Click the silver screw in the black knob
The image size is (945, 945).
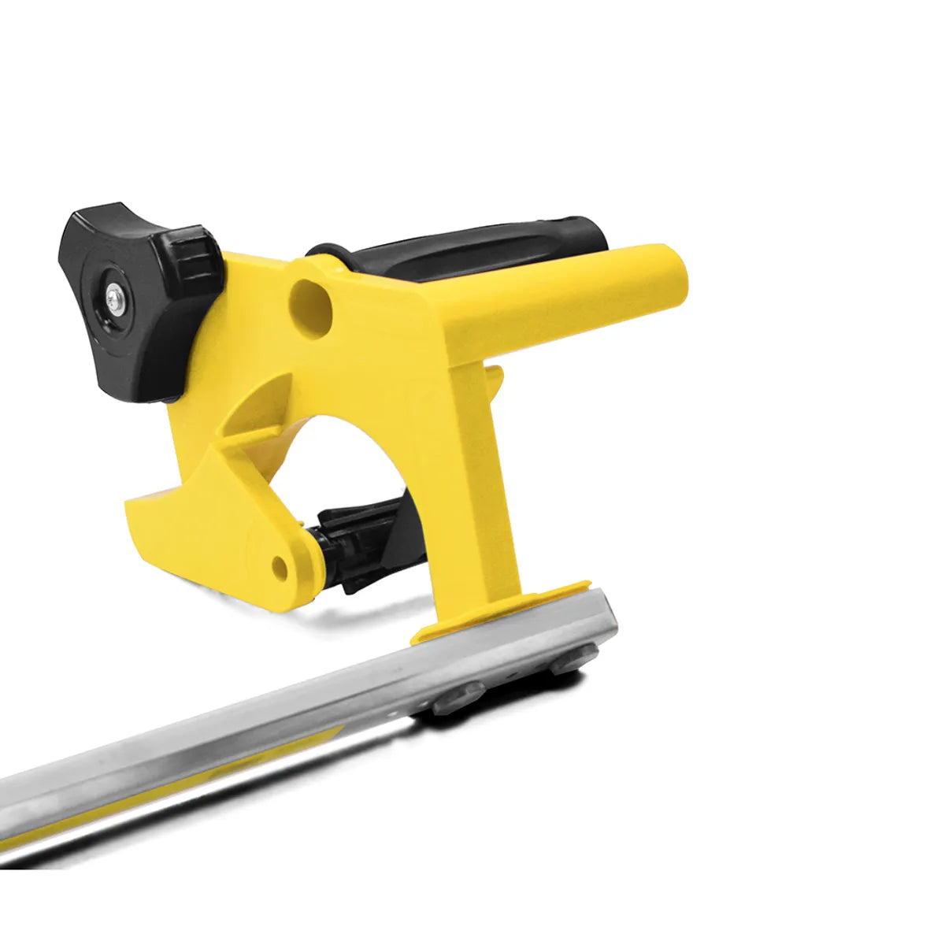(x=117, y=298)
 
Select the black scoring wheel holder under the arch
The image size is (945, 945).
(x=362, y=543)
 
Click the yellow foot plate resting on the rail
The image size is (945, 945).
(x=504, y=610)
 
